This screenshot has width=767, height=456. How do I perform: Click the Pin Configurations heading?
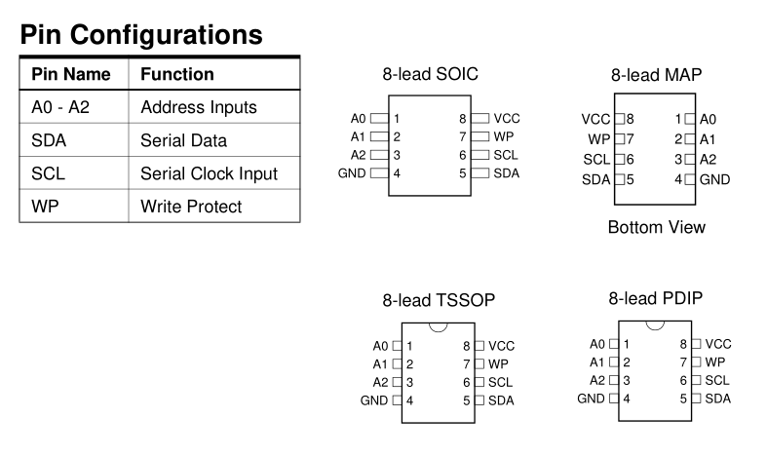141,35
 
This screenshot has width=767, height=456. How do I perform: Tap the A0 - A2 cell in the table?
60,107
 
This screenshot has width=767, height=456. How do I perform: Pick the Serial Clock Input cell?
209,173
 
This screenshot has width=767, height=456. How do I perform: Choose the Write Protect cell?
191,207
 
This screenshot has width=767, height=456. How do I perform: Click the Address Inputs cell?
199,107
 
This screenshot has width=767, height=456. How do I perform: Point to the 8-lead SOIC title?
430,74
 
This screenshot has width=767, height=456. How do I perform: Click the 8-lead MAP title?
656,74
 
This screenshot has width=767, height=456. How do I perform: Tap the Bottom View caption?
656,227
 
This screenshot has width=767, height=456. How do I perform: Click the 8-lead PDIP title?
655,298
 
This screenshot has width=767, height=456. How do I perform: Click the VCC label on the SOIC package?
507,119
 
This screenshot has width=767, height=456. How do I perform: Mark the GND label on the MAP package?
714,179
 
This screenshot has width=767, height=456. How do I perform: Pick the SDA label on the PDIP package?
717,399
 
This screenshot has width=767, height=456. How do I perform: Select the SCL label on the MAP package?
596,160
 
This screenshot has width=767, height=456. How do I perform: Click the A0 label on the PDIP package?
598,344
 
